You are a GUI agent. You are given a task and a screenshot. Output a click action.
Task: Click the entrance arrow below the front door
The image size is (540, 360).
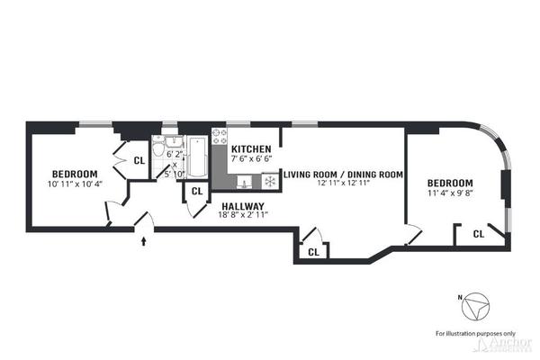click(x=144, y=240)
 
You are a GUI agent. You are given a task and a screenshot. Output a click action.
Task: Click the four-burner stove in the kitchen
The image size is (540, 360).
click(x=220, y=137)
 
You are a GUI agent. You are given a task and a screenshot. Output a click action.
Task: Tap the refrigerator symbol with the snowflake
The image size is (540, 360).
click(x=267, y=182)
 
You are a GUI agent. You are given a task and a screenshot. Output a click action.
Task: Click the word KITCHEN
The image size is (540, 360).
click(x=251, y=148)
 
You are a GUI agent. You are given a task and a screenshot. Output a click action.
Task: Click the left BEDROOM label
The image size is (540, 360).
click(x=74, y=174)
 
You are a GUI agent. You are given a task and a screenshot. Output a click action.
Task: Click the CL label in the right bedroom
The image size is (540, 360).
click(x=478, y=234)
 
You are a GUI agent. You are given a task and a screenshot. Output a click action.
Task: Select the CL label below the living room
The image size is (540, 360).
click(x=313, y=252)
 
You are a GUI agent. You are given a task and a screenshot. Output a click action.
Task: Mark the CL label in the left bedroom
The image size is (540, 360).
click(x=139, y=160)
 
